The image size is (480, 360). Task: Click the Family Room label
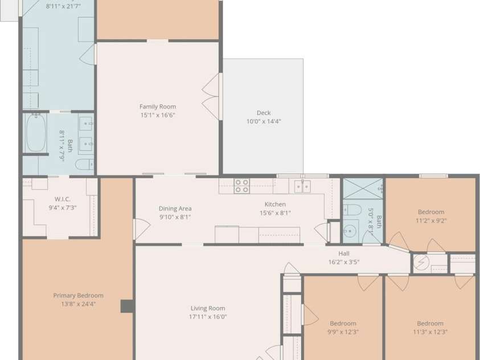(x=158, y=107)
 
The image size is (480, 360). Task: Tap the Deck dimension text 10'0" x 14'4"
(x=264, y=121)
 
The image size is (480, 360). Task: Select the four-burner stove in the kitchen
(x=241, y=186)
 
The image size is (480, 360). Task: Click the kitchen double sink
(x=302, y=186)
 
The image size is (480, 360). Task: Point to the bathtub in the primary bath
(x=36, y=133)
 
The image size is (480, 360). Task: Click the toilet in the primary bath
(x=84, y=165)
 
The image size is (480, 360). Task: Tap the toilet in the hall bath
(x=352, y=210)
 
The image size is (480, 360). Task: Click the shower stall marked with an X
(x=363, y=189)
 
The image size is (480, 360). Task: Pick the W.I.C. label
(x=63, y=199)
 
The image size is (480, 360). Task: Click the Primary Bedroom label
(x=79, y=296)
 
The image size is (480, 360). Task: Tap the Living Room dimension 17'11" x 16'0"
(x=208, y=317)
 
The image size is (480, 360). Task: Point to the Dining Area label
(x=175, y=208)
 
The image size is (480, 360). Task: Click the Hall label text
(x=344, y=253)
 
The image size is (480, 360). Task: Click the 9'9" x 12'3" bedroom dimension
(x=343, y=332)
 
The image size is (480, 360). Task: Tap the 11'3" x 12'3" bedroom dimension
(x=430, y=332)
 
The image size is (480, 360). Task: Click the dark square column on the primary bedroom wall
(x=127, y=306)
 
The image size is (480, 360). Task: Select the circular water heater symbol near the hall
(x=421, y=263)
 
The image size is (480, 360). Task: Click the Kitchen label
(x=275, y=204)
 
